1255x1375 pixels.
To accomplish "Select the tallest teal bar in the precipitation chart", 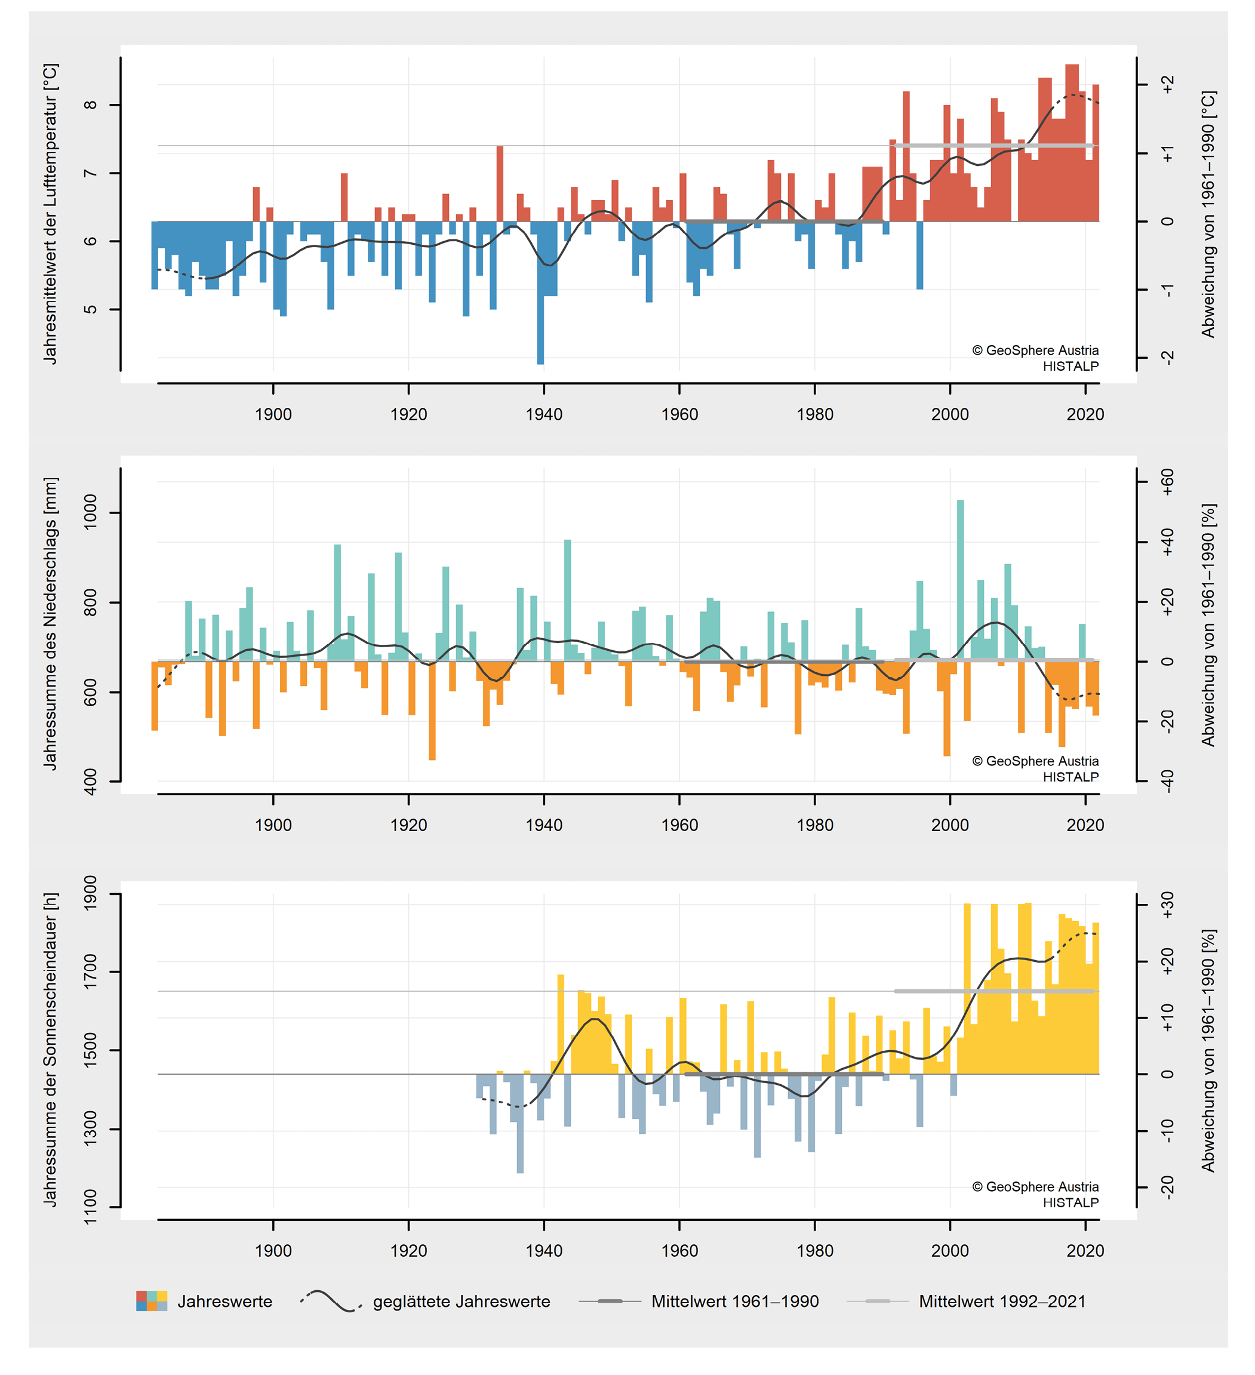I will tap(960, 580).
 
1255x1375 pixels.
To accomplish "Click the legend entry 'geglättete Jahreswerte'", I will tap(461, 1302).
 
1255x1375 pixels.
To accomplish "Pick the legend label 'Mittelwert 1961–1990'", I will tap(734, 1302).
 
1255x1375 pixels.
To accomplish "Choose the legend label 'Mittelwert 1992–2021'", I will tap(1002, 1302).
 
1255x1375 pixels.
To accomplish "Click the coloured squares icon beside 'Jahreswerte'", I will tap(152, 1302).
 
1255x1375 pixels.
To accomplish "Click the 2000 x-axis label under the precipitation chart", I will tap(949, 825).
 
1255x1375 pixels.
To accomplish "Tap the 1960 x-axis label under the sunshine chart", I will tap(679, 1251).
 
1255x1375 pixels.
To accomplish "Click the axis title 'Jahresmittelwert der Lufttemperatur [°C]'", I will tap(51, 214).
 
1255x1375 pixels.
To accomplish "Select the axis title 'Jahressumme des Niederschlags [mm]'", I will tap(51, 623).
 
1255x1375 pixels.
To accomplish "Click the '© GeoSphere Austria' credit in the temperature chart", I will tap(1035, 350).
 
